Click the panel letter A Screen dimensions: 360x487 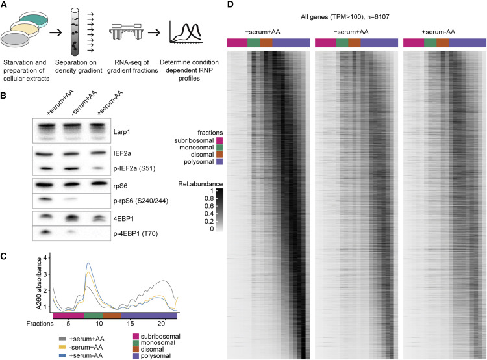[4, 5]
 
